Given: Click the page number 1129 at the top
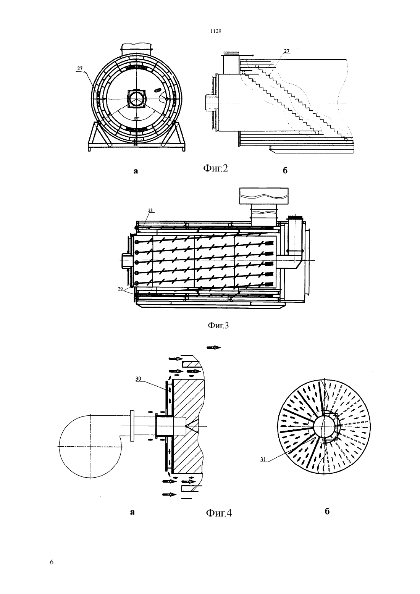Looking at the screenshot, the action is [x=216, y=31].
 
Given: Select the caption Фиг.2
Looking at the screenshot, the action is [x=216, y=168].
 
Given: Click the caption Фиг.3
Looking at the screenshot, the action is [x=218, y=325].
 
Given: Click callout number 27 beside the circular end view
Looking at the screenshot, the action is [x=80, y=68].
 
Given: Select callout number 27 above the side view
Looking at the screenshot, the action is [x=286, y=51].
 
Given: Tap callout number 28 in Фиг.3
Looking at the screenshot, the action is [x=150, y=210].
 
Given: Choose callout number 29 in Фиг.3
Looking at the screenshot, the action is [x=121, y=289].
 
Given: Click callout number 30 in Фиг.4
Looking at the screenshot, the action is [x=138, y=379].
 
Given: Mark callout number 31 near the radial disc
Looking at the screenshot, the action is [x=263, y=460].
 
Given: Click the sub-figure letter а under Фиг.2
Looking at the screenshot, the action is [x=136, y=171].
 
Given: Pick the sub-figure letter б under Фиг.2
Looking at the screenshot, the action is [x=285, y=170].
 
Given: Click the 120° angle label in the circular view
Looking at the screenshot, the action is [x=137, y=118].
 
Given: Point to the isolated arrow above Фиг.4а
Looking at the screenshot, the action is [x=214, y=348].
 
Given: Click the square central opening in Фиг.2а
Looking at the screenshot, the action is [x=136, y=98].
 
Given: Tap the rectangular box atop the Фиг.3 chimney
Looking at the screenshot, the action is [x=264, y=196].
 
